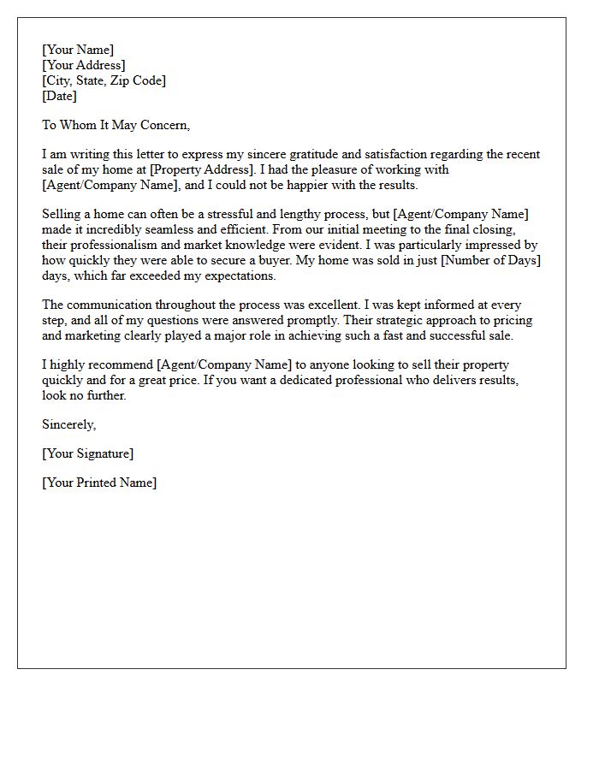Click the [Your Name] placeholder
click(x=78, y=50)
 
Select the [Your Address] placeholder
click(x=84, y=66)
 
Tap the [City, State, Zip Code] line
click(x=104, y=81)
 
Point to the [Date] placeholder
click(x=59, y=97)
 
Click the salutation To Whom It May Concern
click(x=116, y=125)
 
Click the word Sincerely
click(x=69, y=424)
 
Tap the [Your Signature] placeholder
click(x=87, y=453)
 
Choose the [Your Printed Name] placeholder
click(x=99, y=483)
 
